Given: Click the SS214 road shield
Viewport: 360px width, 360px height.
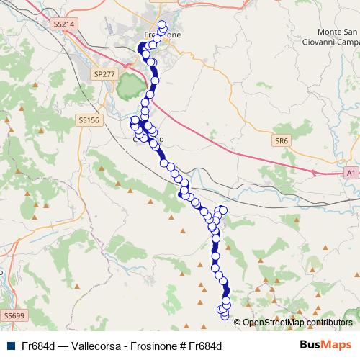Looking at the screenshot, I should coord(64,24).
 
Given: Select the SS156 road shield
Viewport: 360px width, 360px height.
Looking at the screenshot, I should coord(89,120).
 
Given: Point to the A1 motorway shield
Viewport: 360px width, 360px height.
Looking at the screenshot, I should coord(350,173).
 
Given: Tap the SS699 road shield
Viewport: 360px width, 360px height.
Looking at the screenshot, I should coord(13,315).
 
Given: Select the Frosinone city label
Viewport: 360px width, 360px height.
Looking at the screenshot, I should coord(163,35).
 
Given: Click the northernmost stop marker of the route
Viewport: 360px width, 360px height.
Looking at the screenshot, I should coord(161,24).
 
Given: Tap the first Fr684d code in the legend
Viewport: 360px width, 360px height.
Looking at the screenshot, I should coord(39,346).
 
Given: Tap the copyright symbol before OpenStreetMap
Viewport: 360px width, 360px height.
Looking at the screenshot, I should coord(238,323).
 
